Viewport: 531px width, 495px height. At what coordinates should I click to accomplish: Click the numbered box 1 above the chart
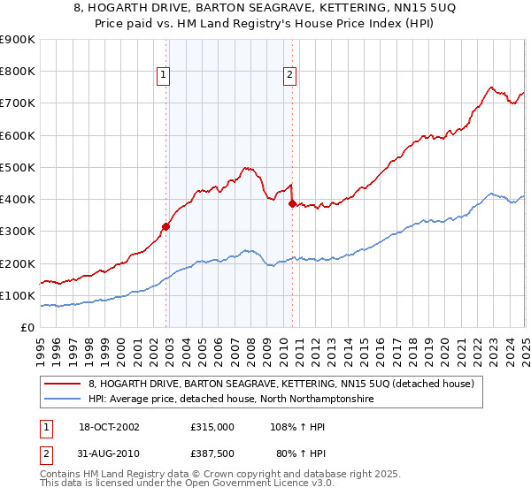(165, 76)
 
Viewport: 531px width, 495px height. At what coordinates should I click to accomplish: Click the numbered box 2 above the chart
(290, 76)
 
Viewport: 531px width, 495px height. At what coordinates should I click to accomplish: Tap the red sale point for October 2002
(165, 226)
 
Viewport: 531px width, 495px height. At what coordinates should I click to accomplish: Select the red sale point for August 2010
(292, 203)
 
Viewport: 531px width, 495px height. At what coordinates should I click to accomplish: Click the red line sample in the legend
(61, 384)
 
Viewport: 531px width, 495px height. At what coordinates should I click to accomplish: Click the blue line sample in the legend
(61, 400)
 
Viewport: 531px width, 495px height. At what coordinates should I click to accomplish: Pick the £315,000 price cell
(213, 426)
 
